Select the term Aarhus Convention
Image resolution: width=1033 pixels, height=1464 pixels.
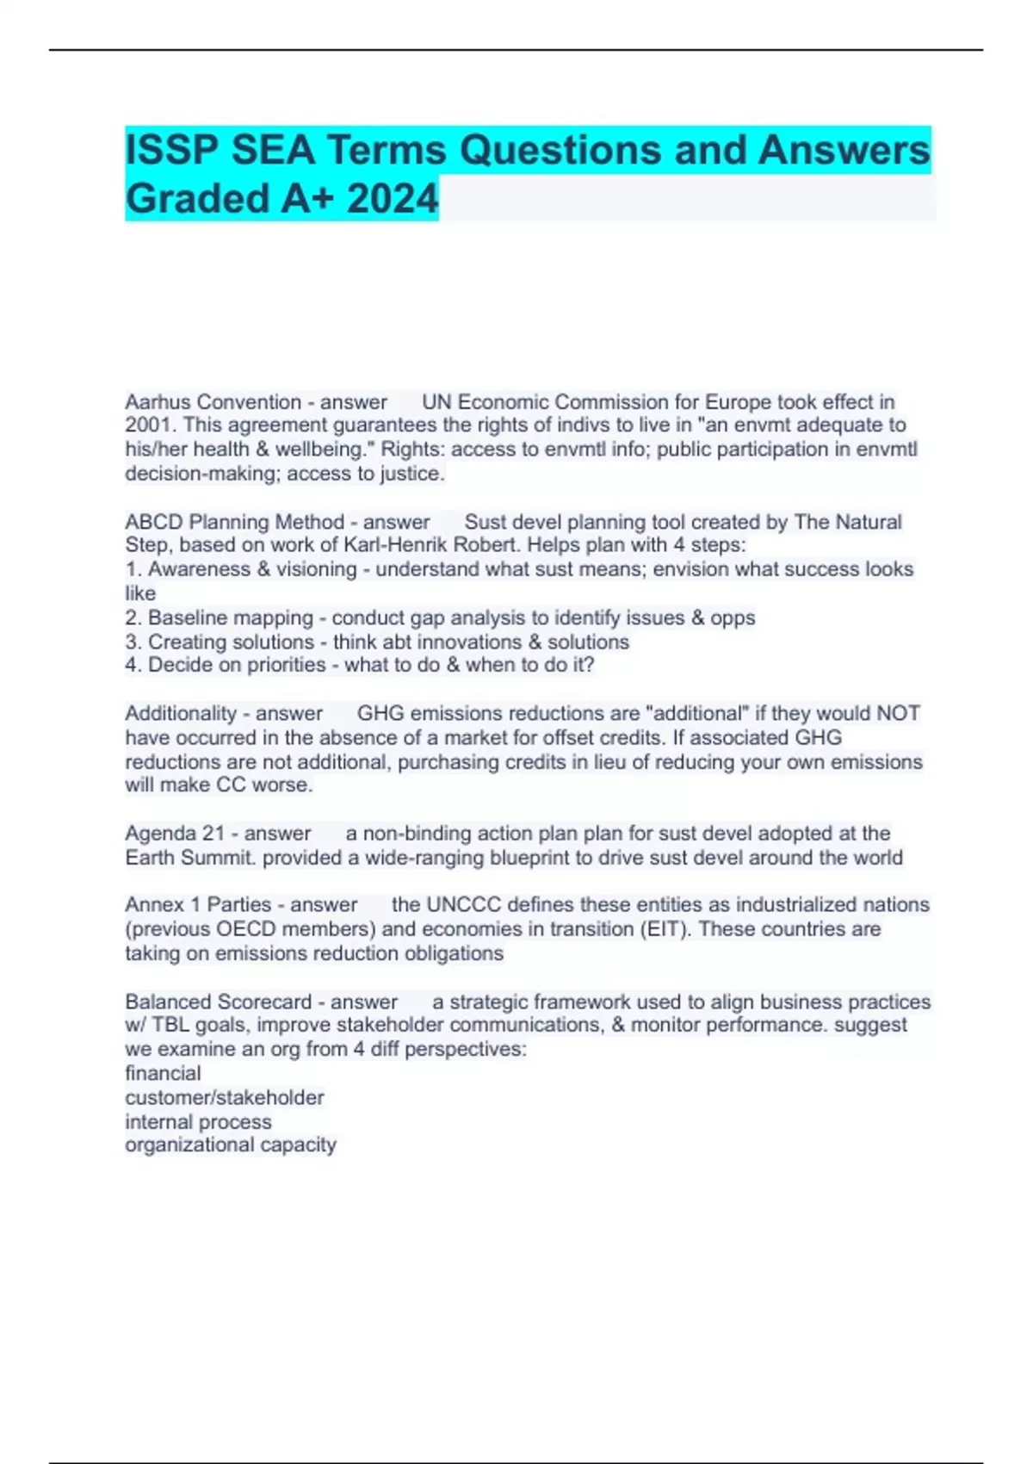(x=213, y=402)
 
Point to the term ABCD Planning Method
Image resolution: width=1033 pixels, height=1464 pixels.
(x=234, y=522)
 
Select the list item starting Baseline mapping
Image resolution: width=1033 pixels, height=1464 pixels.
(x=440, y=617)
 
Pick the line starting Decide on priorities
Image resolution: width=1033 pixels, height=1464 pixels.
(x=360, y=665)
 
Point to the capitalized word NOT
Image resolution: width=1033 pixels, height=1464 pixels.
(x=898, y=713)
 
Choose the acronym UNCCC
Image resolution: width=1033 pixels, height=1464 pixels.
(x=464, y=904)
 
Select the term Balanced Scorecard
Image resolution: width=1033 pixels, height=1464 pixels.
(x=218, y=1002)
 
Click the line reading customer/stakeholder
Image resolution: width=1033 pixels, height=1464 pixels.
(x=225, y=1097)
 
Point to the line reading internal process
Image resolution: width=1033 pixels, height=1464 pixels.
(x=198, y=1121)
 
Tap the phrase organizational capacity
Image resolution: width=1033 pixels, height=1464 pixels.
(x=231, y=1145)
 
